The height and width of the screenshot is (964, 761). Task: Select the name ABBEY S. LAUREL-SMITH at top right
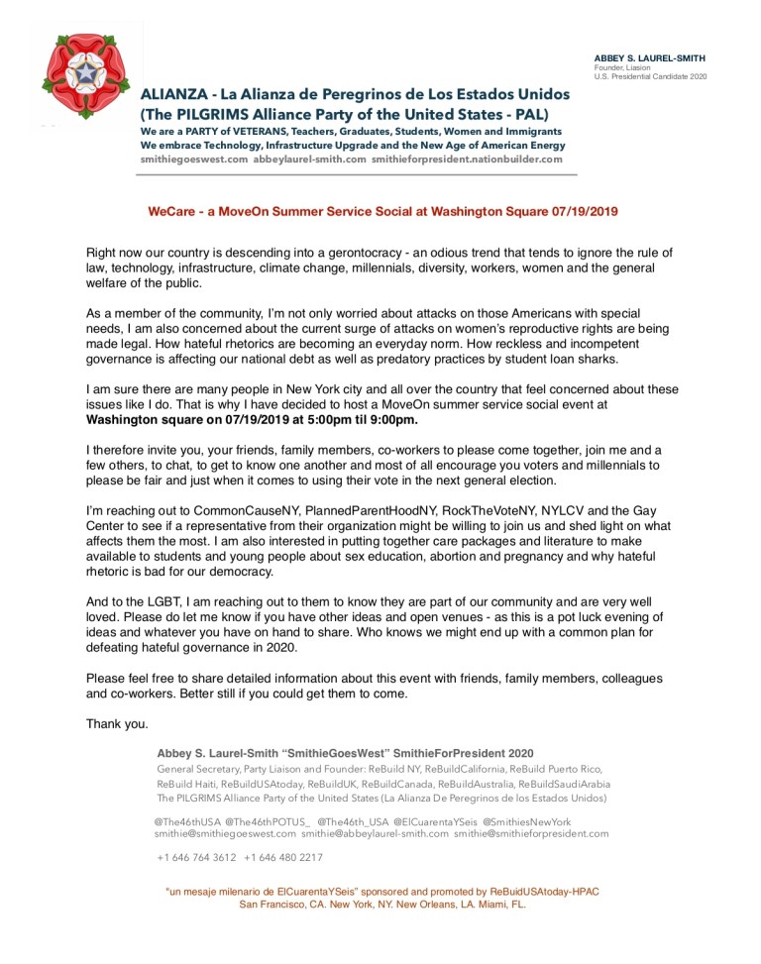pyautogui.click(x=650, y=58)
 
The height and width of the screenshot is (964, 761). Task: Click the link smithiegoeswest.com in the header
pyautogui.click(x=193, y=159)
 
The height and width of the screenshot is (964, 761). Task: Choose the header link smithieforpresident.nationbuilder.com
pyautogui.click(x=467, y=159)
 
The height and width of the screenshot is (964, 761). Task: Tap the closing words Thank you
pyautogui.click(x=117, y=722)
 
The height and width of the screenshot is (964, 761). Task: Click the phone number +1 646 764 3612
pyautogui.click(x=196, y=857)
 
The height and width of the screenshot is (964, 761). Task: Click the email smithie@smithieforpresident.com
pyautogui.click(x=531, y=834)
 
